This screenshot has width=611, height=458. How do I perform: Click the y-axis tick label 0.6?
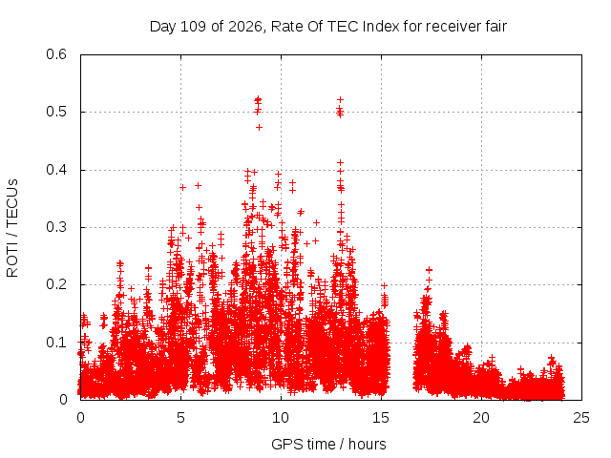coord(56,54)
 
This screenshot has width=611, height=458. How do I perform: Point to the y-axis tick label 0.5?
coord(56,112)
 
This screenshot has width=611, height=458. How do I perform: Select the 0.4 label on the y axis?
coord(56,170)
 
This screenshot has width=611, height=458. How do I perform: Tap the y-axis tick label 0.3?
coord(56,227)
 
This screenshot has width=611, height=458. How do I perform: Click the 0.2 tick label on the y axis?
coord(56,284)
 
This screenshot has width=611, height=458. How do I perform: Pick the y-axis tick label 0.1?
coord(56,343)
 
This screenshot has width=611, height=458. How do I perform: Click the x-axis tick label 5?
coord(180,418)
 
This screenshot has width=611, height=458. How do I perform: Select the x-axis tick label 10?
coord(281,418)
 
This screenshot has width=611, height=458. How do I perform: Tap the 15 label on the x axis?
coord(381,418)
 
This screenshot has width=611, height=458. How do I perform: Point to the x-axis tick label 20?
coord(481,418)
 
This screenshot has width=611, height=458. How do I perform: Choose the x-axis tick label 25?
coord(581,418)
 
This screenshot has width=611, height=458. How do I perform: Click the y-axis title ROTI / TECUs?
coord(12,228)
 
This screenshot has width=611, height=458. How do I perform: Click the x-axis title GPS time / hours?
coord(328,444)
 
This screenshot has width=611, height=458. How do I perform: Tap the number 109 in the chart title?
coord(194,27)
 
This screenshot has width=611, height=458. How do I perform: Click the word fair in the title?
coord(496,27)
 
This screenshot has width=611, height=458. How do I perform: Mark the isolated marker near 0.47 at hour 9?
coord(259,127)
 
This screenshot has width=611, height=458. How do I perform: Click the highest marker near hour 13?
coord(340,99)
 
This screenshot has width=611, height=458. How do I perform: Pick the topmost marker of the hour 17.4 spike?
coord(429,269)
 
